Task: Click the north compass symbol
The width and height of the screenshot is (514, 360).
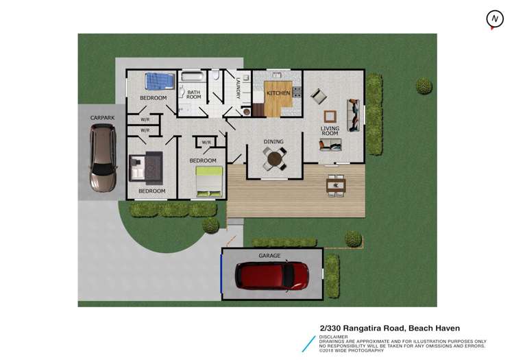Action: pos(493,20)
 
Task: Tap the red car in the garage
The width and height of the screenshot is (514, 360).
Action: pos(272,276)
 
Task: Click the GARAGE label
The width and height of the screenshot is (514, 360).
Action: pos(269,255)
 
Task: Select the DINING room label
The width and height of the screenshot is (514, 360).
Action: pos(273,142)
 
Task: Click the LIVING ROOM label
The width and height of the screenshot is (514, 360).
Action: pos(330,130)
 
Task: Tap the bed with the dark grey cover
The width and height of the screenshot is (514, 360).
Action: pos(146,165)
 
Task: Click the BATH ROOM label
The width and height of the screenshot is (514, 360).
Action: pos(193,95)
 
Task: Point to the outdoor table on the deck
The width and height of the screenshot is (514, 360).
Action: pos(336,183)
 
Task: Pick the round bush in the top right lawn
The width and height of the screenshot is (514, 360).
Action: pos(424,86)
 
